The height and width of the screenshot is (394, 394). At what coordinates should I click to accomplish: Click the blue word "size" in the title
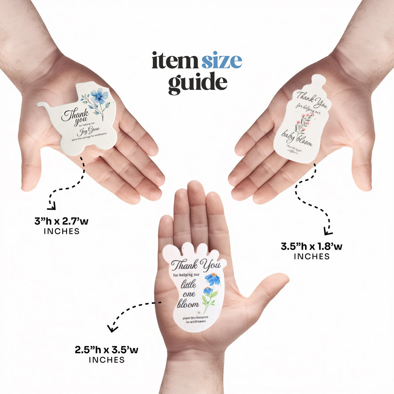(222, 61)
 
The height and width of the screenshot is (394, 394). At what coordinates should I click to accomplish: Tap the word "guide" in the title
(197, 83)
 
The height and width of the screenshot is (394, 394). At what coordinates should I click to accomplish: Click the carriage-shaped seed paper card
(81, 118)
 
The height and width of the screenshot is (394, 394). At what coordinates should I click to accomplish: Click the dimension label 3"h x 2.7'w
(61, 221)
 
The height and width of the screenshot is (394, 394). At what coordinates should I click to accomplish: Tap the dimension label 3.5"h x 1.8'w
(312, 246)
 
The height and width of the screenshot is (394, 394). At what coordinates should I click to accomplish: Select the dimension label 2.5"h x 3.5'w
(106, 350)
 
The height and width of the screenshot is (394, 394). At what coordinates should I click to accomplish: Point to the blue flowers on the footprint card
(211, 283)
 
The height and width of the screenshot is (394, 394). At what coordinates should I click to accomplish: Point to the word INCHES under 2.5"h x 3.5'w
(106, 360)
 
